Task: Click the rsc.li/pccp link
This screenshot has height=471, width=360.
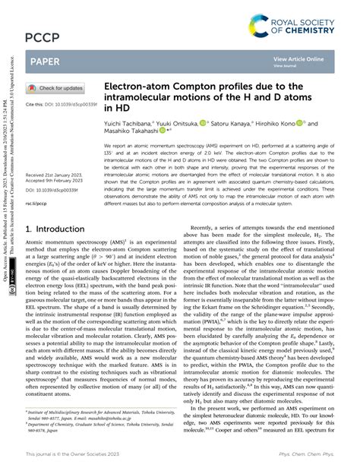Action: [x=37, y=204]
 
